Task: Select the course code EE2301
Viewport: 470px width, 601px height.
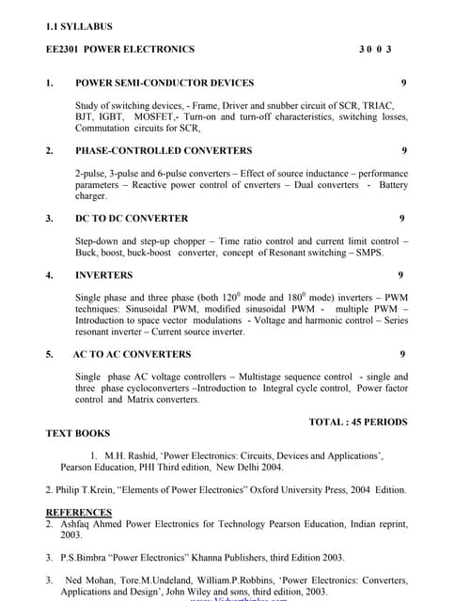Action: coord(63,49)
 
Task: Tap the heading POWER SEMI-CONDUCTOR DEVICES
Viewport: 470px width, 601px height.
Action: coord(164,83)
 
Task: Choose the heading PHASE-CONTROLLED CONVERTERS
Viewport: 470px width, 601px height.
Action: coord(164,150)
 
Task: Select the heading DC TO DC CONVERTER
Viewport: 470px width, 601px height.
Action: coord(132,218)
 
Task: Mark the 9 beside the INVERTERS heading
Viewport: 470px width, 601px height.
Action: coord(400,275)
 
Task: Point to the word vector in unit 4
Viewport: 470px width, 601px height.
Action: coord(173,320)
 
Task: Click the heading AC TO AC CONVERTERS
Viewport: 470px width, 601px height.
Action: coord(132,354)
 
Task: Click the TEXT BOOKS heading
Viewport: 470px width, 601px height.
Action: coord(78,434)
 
